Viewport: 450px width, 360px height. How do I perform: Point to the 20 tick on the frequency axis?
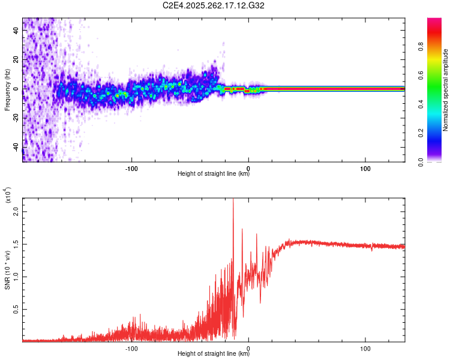[x=15, y=59]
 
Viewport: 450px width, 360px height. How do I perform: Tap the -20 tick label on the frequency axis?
[x=15, y=118]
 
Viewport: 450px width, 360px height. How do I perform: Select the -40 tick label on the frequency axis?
[x=15, y=146]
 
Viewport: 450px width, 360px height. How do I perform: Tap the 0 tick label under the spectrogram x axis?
[x=248, y=168]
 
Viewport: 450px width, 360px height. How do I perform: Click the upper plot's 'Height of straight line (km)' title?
[x=214, y=175]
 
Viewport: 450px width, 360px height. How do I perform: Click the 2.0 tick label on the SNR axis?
[x=16, y=211]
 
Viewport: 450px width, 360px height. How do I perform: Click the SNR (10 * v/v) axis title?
[x=7, y=268]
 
